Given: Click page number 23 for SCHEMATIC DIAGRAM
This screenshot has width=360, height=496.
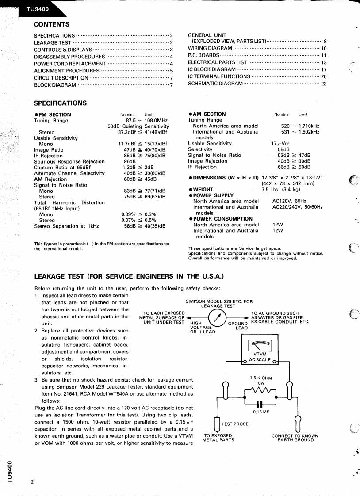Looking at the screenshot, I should coord(323,84).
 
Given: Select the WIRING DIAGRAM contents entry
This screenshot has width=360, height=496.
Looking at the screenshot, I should coord(210,48).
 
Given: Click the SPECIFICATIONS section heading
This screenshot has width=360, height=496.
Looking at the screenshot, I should coord(60,103).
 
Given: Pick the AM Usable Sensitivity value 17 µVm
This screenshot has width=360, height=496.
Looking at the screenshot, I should coord(280,144).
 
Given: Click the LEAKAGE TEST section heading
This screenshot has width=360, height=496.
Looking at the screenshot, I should coord(129,277).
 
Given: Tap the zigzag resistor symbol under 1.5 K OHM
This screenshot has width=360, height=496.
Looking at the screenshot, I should coord(260,390).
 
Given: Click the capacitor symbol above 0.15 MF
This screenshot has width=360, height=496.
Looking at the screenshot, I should coord(260,404).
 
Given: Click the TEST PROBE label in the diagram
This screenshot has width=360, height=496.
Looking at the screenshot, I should coord(235,424).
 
